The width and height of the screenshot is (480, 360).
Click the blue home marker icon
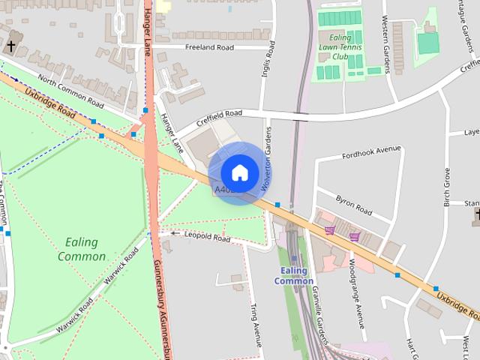[x=239, y=172]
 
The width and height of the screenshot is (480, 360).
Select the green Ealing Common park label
[x=82, y=249]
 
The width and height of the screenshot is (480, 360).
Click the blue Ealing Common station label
[x=293, y=275]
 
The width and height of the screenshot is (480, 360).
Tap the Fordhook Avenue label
[x=371, y=149]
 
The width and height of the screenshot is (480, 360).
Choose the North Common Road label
[x=71, y=90]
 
